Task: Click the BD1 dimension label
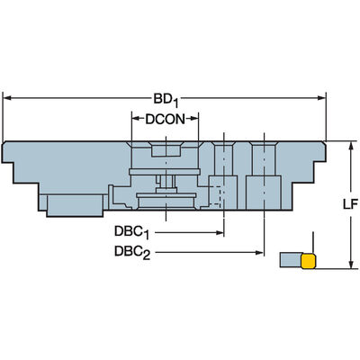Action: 166,100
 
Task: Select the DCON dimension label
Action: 166,120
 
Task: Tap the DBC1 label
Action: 131,232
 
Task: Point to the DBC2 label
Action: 132,252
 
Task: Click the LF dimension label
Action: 350,204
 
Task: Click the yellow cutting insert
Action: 309,261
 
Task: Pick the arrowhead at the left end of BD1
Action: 6,98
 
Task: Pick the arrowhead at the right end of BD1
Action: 321,98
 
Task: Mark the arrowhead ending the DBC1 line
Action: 220,232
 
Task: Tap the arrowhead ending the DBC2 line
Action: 259,253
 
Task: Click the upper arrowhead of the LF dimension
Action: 350,145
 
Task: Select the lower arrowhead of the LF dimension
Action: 350,265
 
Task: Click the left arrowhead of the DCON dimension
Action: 136,119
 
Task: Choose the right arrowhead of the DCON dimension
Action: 194,119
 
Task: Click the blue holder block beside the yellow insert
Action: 291,260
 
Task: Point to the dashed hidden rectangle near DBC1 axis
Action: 215,196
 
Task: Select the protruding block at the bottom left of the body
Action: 75,205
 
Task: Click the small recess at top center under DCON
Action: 166,149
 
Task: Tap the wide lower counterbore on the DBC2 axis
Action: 263,193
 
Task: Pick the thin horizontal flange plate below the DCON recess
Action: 165,172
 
